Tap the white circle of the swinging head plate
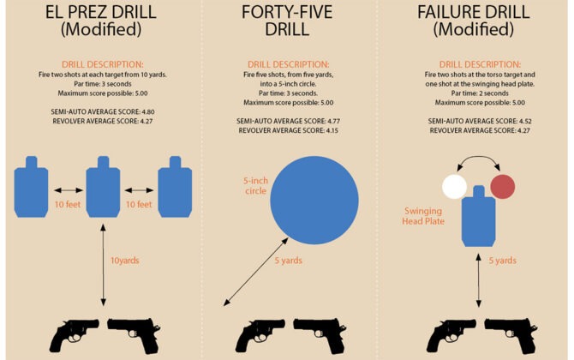click(454, 186)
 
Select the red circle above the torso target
click(502, 186)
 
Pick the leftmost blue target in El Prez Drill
click(32, 181)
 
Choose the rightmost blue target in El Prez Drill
click(174, 181)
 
